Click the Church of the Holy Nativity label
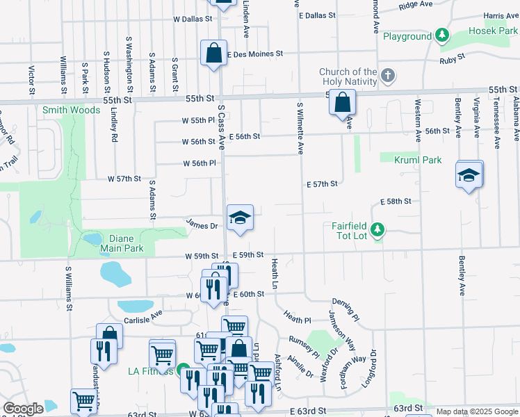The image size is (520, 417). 348,76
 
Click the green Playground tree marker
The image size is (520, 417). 441,36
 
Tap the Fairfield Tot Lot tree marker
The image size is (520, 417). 377,229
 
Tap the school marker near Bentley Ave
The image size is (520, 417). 469,176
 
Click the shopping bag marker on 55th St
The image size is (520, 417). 341,104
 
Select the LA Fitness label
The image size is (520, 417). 150,371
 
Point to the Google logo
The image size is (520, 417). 24,409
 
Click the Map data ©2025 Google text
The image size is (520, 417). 477,411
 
